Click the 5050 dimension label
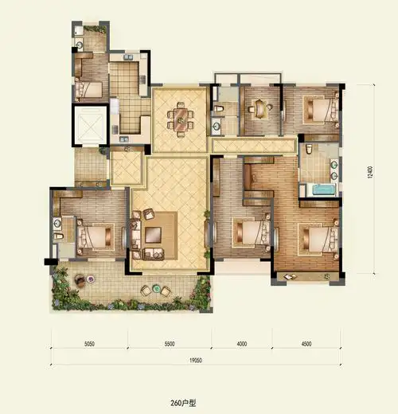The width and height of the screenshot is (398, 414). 89,344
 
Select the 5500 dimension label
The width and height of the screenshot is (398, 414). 170,344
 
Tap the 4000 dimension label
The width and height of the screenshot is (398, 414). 242,344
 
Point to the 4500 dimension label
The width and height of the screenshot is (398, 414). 306,344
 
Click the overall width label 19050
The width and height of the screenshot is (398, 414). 196,361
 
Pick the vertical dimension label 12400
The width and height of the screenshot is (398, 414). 370,172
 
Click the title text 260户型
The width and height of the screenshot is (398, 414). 183,403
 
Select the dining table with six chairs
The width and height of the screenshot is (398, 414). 181,120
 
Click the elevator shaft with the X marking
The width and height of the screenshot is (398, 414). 90,125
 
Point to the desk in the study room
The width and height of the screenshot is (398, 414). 259,108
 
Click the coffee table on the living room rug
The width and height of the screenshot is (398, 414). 153,235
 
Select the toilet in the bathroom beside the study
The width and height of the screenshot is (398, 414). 218,109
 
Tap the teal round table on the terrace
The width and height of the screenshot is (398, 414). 156,288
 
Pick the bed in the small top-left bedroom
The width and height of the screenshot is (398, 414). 89,89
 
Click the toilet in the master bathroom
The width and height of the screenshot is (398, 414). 309,149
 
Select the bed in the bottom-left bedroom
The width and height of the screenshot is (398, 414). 95,236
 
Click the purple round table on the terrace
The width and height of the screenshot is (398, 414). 91,279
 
